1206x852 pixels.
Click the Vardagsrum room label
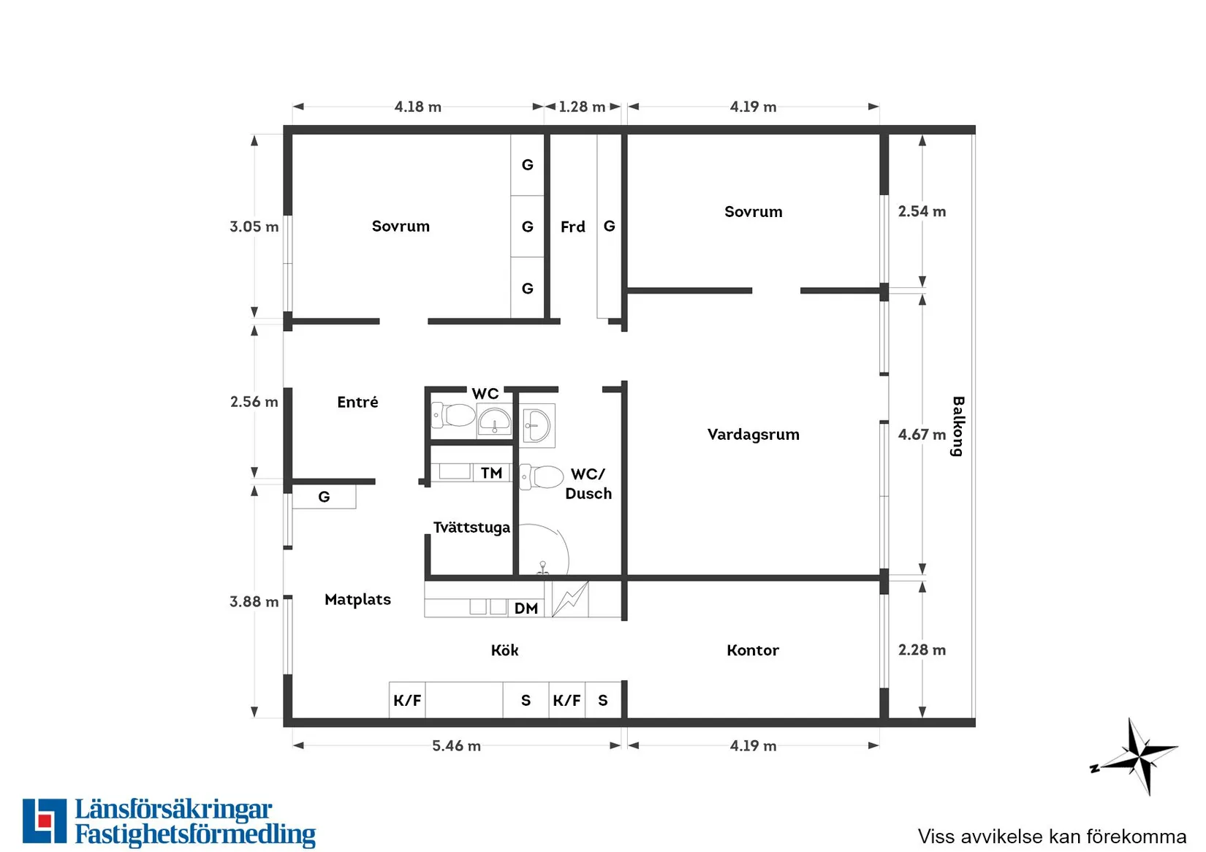[x=754, y=435]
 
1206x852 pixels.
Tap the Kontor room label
[x=753, y=650]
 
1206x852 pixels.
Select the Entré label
[x=357, y=402]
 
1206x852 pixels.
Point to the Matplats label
[x=357, y=600]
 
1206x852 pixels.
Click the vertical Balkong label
[x=957, y=426]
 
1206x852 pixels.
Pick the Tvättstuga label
[x=471, y=528]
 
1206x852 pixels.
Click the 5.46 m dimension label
[x=456, y=745]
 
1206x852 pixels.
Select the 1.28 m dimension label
[x=582, y=107]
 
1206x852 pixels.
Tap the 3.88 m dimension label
[x=254, y=601]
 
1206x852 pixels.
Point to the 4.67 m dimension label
[x=922, y=434]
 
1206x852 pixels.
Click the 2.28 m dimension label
[x=922, y=650]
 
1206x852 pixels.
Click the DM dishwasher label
[x=526, y=609]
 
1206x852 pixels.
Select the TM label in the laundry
[x=492, y=473]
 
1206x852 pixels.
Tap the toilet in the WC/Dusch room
[x=541, y=477]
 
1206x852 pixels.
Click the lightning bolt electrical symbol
[x=569, y=598]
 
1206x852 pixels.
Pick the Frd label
[x=573, y=227]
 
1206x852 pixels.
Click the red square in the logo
[x=45, y=821]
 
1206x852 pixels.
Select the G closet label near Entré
[x=324, y=497]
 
